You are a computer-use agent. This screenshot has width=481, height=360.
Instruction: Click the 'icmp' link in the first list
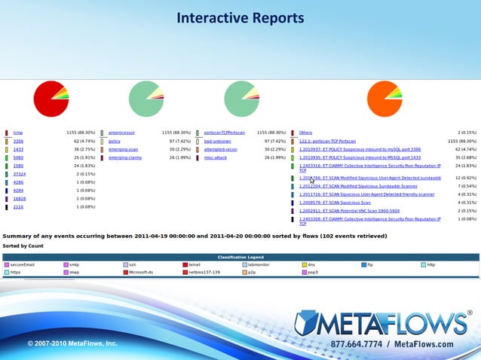[x=17, y=133]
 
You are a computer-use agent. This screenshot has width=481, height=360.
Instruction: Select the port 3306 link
[x=18, y=141]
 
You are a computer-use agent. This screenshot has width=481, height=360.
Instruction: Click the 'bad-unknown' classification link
[x=217, y=141]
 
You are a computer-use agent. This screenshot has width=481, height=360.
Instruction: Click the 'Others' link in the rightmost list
[x=305, y=133]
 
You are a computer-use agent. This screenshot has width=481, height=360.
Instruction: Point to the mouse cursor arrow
[x=312, y=180]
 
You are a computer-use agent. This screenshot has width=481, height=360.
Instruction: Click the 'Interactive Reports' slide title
[x=240, y=17]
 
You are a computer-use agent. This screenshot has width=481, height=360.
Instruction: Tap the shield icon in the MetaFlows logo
[x=308, y=322]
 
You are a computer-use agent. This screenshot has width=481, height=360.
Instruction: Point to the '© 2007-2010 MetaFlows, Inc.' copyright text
[x=72, y=343]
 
